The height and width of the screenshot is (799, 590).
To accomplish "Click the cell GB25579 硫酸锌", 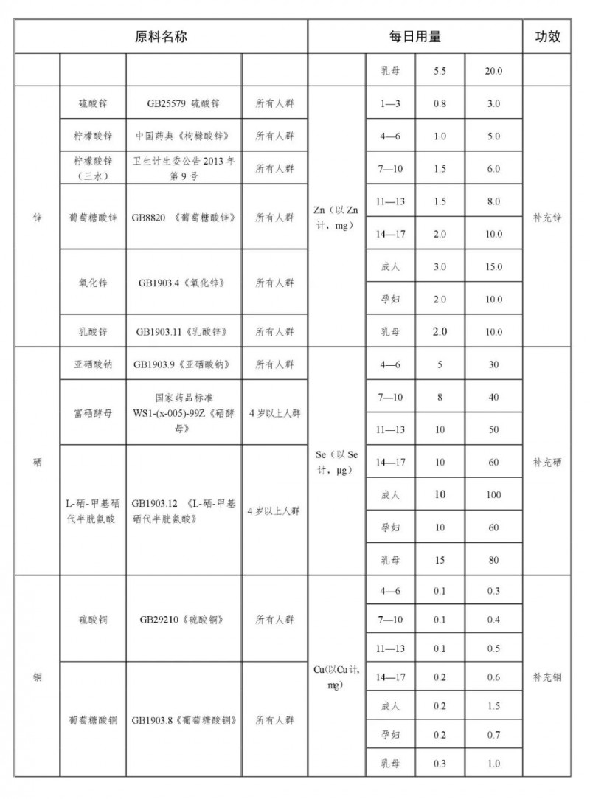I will [x=184, y=104].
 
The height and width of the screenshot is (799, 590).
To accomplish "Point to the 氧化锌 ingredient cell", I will [x=93, y=283].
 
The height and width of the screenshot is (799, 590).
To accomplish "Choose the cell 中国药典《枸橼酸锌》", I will [x=184, y=136].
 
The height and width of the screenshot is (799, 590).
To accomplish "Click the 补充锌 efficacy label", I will [x=547, y=218].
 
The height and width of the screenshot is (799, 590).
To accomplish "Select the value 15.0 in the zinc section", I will [x=493, y=266].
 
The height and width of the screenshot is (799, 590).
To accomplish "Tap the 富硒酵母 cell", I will [x=93, y=413].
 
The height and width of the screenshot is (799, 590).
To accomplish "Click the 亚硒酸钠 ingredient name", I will [x=93, y=364].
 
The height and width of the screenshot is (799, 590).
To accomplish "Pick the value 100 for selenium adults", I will [x=493, y=494].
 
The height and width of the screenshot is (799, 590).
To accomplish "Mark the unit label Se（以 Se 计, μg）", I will [x=336, y=463].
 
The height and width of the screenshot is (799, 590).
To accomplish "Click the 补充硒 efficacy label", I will [x=547, y=463].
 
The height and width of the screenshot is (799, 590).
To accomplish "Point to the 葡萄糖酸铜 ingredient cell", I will [x=93, y=720].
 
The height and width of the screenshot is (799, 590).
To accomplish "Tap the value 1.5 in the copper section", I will [x=493, y=706].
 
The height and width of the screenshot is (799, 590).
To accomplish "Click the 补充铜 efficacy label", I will [x=547, y=677].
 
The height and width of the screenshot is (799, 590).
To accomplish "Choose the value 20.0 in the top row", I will [x=493, y=72].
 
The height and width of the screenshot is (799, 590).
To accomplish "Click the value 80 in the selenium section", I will [x=493, y=560].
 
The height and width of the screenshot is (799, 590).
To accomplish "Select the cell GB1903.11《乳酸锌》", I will [x=184, y=332].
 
